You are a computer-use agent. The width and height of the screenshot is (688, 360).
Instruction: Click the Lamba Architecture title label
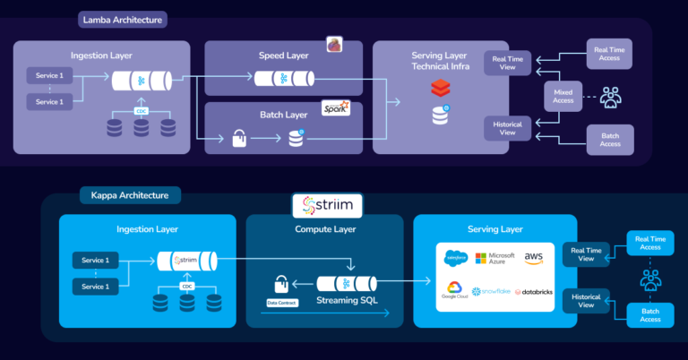(124, 19)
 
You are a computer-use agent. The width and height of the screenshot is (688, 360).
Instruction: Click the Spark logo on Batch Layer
(335, 108)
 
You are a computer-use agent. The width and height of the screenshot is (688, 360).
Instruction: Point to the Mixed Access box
(563, 95)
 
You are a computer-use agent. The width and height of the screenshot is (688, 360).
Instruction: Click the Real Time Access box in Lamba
(609, 54)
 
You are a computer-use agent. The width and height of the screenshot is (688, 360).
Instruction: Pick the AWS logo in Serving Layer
(534, 258)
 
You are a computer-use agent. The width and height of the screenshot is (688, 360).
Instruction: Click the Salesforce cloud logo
(456, 259)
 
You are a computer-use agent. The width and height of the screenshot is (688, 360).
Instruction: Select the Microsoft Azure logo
(494, 258)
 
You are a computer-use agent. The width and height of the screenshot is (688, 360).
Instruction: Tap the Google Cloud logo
(456, 292)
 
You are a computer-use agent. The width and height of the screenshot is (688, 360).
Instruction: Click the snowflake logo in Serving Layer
(492, 292)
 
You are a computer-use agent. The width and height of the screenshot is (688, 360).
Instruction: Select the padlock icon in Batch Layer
(239, 138)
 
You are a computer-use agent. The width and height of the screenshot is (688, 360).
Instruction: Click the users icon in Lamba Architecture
(611, 95)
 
